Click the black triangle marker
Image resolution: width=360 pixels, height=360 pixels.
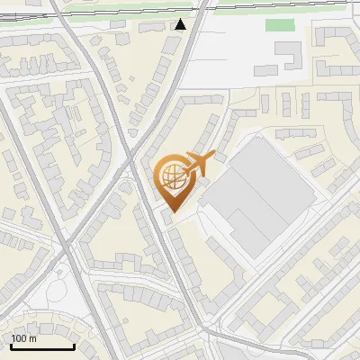[x=181, y=24]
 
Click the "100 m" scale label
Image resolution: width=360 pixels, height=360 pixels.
[x=23, y=338]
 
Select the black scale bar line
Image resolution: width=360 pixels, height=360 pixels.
[x=41, y=346]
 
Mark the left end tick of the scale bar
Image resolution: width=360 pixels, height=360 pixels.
[x=10, y=345]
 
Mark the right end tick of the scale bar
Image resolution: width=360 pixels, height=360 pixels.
[x=74, y=345]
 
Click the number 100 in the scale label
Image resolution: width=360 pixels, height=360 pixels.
[x=19, y=338]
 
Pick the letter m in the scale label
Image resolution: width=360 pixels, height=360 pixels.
[x=32, y=339]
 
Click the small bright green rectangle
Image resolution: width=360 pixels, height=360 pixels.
[x=282, y=25]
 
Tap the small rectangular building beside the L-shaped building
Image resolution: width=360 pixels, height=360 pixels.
[x=266, y=68]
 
